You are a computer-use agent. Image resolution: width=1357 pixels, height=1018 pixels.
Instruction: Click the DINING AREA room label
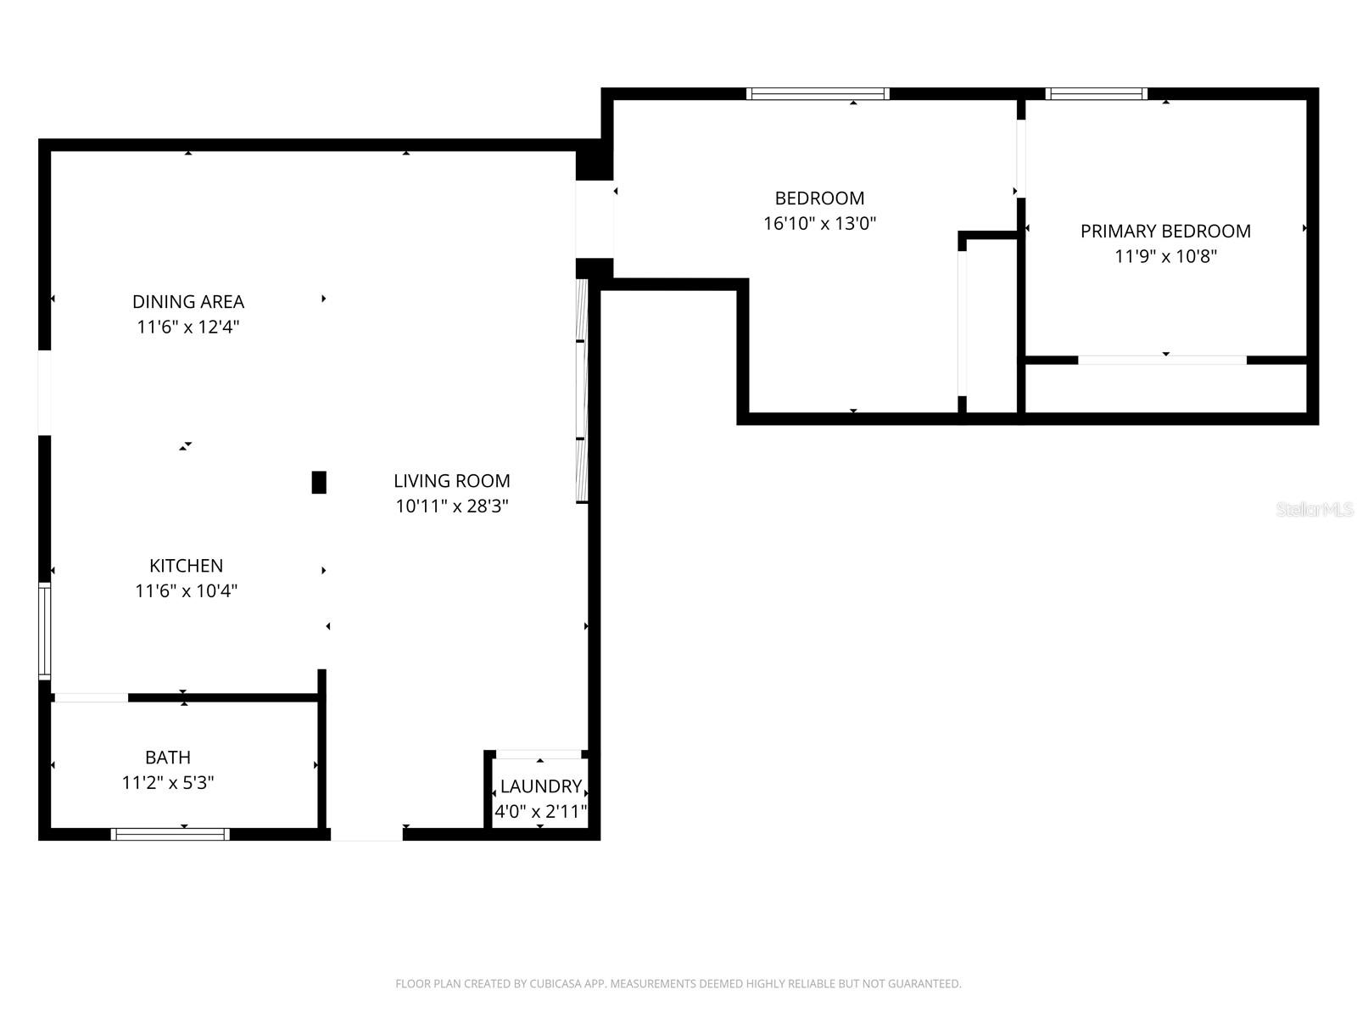pyautogui.click(x=187, y=302)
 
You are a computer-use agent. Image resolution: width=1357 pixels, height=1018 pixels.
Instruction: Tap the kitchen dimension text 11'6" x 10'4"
pyautogui.click(x=186, y=591)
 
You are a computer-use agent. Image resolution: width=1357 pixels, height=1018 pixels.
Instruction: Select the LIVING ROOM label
pyautogui.click(x=451, y=481)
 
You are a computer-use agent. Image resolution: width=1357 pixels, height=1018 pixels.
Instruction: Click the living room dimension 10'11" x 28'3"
pyautogui.click(x=451, y=506)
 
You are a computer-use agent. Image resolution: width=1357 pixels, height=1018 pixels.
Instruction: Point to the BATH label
pyautogui.click(x=167, y=758)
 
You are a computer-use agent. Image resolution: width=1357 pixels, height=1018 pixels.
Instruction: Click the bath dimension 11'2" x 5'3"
pyautogui.click(x=167, y=783)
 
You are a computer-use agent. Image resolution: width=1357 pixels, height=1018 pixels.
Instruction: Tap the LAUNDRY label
pyautogui.click(x=540, y=786)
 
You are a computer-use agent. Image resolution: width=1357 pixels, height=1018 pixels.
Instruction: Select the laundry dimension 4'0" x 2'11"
pyautogui.click(x=540, y=812)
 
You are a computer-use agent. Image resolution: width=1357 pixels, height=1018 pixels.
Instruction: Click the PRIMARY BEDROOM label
pyautogui.click(x=1165, y=232)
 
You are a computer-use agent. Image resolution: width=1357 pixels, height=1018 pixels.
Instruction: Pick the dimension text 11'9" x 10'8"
pyautogui.click(x=1165, y=256)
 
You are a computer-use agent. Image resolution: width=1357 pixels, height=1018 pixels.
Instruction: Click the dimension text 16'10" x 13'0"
pyautogui.click(x=819, y=224)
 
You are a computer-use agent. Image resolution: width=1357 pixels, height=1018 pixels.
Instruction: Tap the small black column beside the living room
pyautogui.click(x=319, y=483)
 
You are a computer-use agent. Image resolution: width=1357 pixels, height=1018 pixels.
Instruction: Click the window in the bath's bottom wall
pyautogui.click(x=170, y=835)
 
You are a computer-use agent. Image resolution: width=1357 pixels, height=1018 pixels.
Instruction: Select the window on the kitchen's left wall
pyautogui.click(x=44, y=630)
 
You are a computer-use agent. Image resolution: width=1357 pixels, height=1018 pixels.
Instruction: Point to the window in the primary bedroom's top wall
pyautogui.click(x=1096, y=93)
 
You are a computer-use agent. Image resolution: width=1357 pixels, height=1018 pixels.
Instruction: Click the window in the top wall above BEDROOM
pyautogui.click(x=818, y=93)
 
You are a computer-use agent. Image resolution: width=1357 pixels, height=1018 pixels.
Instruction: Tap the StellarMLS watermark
pyautogui.click(x=1314, y=510)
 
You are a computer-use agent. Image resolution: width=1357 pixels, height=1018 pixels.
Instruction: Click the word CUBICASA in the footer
pyautogui.click(x=555, y=984)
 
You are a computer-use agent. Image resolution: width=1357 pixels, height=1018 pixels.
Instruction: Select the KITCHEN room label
pyautogui.click(x=186, y=566)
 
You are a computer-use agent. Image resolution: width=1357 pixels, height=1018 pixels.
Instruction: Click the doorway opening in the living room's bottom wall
pyautogui.click(x=366, y=835)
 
